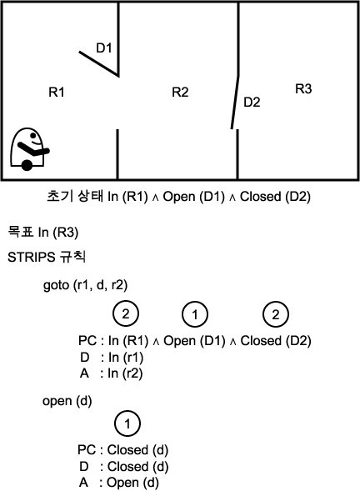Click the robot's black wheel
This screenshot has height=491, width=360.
[x=27, y=165]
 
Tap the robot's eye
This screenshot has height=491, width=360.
[x=32, y=135]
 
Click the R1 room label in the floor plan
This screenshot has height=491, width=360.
[x=57, y=92]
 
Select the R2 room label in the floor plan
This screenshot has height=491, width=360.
[x=180, y=92]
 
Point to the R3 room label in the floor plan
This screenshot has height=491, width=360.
[x=303, y=89]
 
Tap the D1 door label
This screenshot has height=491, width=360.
[x=103, y=48]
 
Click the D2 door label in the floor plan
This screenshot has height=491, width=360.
[x=252, y=102]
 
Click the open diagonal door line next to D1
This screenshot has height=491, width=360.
[x=98, y=63]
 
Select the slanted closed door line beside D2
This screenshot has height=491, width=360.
[x=235, y=102]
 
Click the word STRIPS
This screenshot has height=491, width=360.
[x=32, y=257]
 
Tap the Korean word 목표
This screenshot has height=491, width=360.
[x=21, y=232]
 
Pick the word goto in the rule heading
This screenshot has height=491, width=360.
[x=56, y=285]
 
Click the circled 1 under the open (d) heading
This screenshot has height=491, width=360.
[x=127, y=423]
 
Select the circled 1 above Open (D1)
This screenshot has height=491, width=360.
[x=195, y=314]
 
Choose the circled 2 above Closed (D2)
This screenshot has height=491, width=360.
[x=276, y=314]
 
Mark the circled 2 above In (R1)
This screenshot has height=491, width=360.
[x=126, y=313]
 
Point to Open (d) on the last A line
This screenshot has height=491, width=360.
[x=132, y=483]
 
